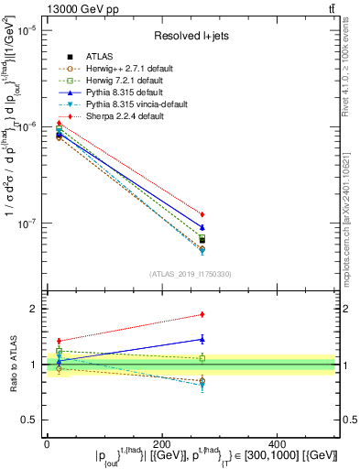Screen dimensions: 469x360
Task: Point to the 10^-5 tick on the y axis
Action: [25, 30]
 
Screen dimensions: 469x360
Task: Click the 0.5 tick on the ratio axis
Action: [28, 420]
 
